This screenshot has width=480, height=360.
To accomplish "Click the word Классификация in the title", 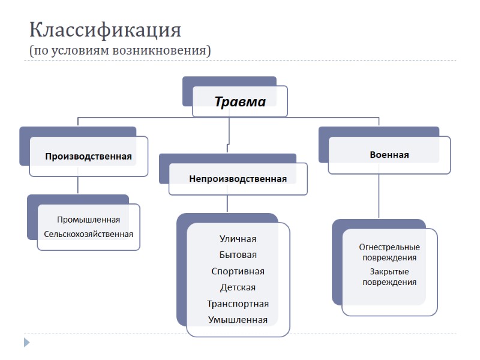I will [x=105, y=29].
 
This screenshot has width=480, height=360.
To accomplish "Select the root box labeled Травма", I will [x=240, y=101].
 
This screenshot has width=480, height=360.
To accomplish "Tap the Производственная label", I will [x=88, y=156].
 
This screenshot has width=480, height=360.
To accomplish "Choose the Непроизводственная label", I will [x=238, y=178].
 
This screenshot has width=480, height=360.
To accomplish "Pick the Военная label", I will [x=389, y=154].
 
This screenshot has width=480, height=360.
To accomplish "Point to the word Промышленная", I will [x=88, y=220].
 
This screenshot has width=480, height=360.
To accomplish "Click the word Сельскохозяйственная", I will [x=88, y=233].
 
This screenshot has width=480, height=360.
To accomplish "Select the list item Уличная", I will [x=238, y=239].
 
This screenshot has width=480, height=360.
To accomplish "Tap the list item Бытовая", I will [x=238, y=255].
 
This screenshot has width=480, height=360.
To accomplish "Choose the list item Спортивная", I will [x=238, y=271].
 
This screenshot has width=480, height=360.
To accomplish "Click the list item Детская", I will [x=238, y=287].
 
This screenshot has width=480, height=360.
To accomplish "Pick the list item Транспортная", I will [x=238, y=304].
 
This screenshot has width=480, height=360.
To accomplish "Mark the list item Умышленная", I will [x=238, y=320].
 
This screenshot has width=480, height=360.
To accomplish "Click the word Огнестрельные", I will [x=389, y=247].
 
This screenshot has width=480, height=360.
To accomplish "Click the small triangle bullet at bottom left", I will [x=26, y=343].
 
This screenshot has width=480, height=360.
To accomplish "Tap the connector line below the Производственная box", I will [x=78, y=185].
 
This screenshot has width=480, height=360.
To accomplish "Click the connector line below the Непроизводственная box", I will [x=227, y=204].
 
